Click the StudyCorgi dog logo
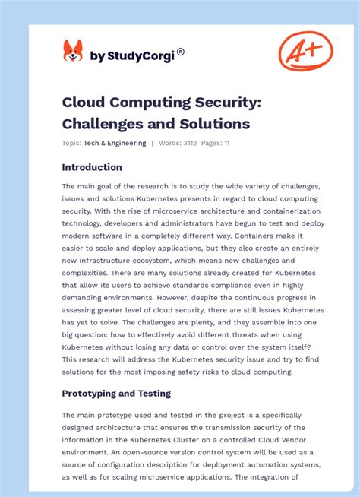73,52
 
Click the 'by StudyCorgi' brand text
133,55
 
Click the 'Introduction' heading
92,167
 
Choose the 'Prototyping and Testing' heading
116,393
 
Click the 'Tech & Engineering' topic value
115,143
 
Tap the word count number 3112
190,143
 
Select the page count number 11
226,143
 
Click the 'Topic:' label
71,143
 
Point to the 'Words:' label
170,143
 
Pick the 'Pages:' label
211,143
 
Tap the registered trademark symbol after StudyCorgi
181,52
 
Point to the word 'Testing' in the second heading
152,393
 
